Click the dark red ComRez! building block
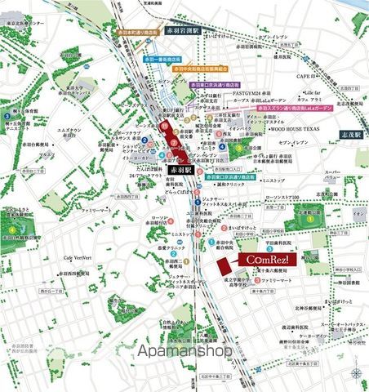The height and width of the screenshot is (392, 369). tap(225, 266)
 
